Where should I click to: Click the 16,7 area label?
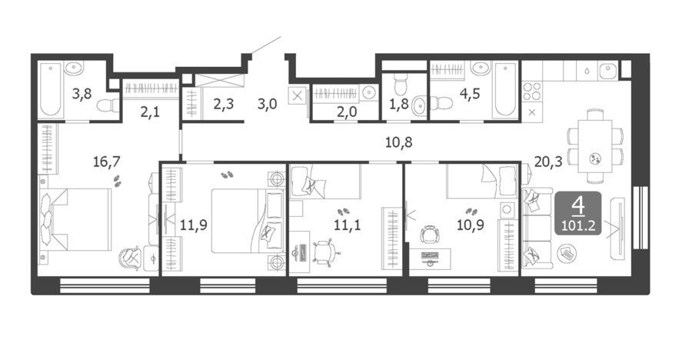106,162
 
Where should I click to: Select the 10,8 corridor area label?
398,142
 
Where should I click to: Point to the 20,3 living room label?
548,162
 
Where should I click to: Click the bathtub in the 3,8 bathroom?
50,90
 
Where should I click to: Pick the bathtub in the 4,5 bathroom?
506,90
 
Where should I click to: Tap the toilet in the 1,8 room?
401,84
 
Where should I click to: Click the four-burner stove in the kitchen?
532,92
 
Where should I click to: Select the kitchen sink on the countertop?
608,71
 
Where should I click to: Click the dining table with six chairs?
595,145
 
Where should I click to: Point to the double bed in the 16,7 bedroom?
75,219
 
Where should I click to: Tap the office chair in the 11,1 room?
324,252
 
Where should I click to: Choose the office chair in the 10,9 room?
429,235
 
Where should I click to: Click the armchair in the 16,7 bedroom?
131,258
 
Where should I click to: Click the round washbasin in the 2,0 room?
368,93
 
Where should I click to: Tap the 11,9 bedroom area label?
193,225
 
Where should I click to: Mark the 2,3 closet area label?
224,105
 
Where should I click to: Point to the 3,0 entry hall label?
267,105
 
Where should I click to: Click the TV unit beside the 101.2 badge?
617,228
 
